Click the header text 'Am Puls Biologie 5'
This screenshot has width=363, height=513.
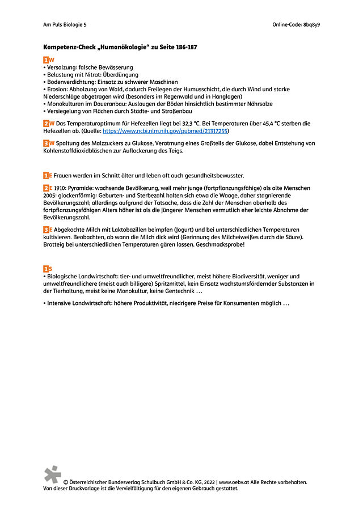point(65,25)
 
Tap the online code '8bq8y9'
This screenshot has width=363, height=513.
point(316,25)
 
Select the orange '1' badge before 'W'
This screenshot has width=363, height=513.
point(46,60)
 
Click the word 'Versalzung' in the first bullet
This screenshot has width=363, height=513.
point(61,67)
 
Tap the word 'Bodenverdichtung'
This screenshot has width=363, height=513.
point(71,82)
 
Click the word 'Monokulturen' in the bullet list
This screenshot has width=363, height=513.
point(67,104)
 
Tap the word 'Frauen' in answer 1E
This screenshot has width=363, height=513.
point(64,176)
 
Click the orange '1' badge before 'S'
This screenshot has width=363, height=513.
point(46,268)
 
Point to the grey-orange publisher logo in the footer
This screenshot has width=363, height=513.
point(52,474)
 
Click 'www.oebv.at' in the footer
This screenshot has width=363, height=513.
point(235,482)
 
